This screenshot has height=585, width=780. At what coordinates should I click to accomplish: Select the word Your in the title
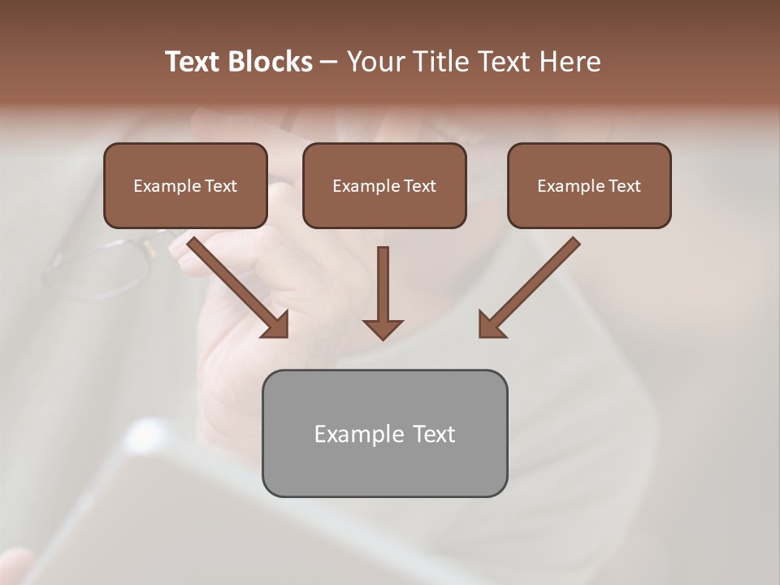pyautogui.click(x=375, y=62)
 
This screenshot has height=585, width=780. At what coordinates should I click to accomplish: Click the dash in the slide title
pyautogui.click(x=329, y=62)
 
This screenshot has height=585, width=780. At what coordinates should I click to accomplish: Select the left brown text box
pyautogui.click(x=185, y=186)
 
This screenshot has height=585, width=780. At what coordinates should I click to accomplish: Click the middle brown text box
pyautogui.click(x=384, y=186)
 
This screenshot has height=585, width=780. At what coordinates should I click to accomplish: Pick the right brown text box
pyautogui.click(x=589, y=186)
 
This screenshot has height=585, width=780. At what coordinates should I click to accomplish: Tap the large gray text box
pyautogui.click(x=384, y=433)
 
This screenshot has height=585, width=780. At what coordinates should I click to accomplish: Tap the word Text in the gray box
pyautogui.click(x=434, y=434)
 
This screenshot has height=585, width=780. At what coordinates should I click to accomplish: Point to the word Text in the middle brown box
pyautogui.click(x=419, y=186)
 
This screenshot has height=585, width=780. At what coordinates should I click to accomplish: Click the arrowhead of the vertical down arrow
pyautogui.click(x=383, y=328)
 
